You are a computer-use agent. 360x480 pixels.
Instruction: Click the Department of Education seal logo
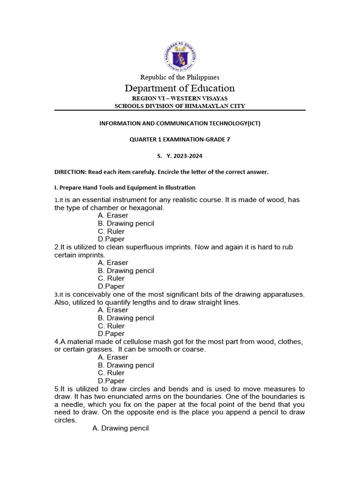180,56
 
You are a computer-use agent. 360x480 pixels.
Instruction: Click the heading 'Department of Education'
180,88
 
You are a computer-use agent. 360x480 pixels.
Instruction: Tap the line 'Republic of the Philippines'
180,77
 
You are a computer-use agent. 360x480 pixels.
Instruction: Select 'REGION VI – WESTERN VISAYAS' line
180,98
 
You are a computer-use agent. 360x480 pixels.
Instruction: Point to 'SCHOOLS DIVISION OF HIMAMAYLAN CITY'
180,106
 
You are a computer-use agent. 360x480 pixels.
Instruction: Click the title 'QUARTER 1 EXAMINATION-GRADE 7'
180,139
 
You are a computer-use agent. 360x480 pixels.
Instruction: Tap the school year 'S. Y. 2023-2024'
180,156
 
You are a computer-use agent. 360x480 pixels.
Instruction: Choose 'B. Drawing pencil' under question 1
126,224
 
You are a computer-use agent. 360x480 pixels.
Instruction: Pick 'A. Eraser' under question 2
112,262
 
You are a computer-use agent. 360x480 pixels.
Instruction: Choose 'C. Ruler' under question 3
111,326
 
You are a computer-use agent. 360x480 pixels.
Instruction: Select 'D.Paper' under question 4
111,381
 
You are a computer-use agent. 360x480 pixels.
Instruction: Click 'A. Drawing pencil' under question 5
120,428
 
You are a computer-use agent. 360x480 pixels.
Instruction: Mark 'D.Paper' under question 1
111,239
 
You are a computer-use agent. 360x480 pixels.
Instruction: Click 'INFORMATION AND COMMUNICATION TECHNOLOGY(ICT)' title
180,123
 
